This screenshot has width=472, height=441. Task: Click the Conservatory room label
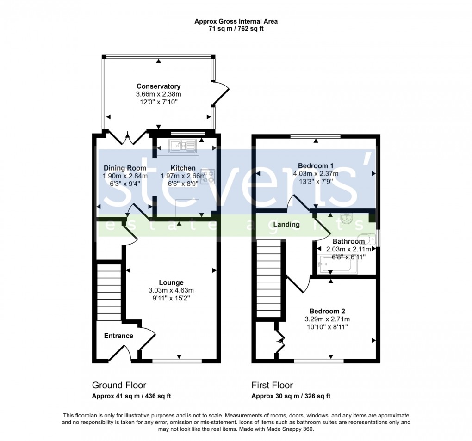[x=158, y=86]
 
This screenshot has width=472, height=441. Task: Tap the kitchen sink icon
[x=183, y=146]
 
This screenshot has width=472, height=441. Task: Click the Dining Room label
[x=125, y=168]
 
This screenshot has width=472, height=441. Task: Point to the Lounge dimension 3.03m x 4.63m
[x=171, y=290]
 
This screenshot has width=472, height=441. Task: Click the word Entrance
[x=118, y=336]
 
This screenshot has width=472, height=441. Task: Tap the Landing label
[x=286, y=225]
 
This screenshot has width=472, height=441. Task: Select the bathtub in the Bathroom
[x=338, y=265]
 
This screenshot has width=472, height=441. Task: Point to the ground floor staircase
[x=109, y=291]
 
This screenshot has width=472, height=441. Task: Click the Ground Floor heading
[x=119, y=385]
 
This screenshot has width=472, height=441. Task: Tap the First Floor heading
[x=272, y=385]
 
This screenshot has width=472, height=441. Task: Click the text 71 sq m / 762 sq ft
[x=236, y=29]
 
